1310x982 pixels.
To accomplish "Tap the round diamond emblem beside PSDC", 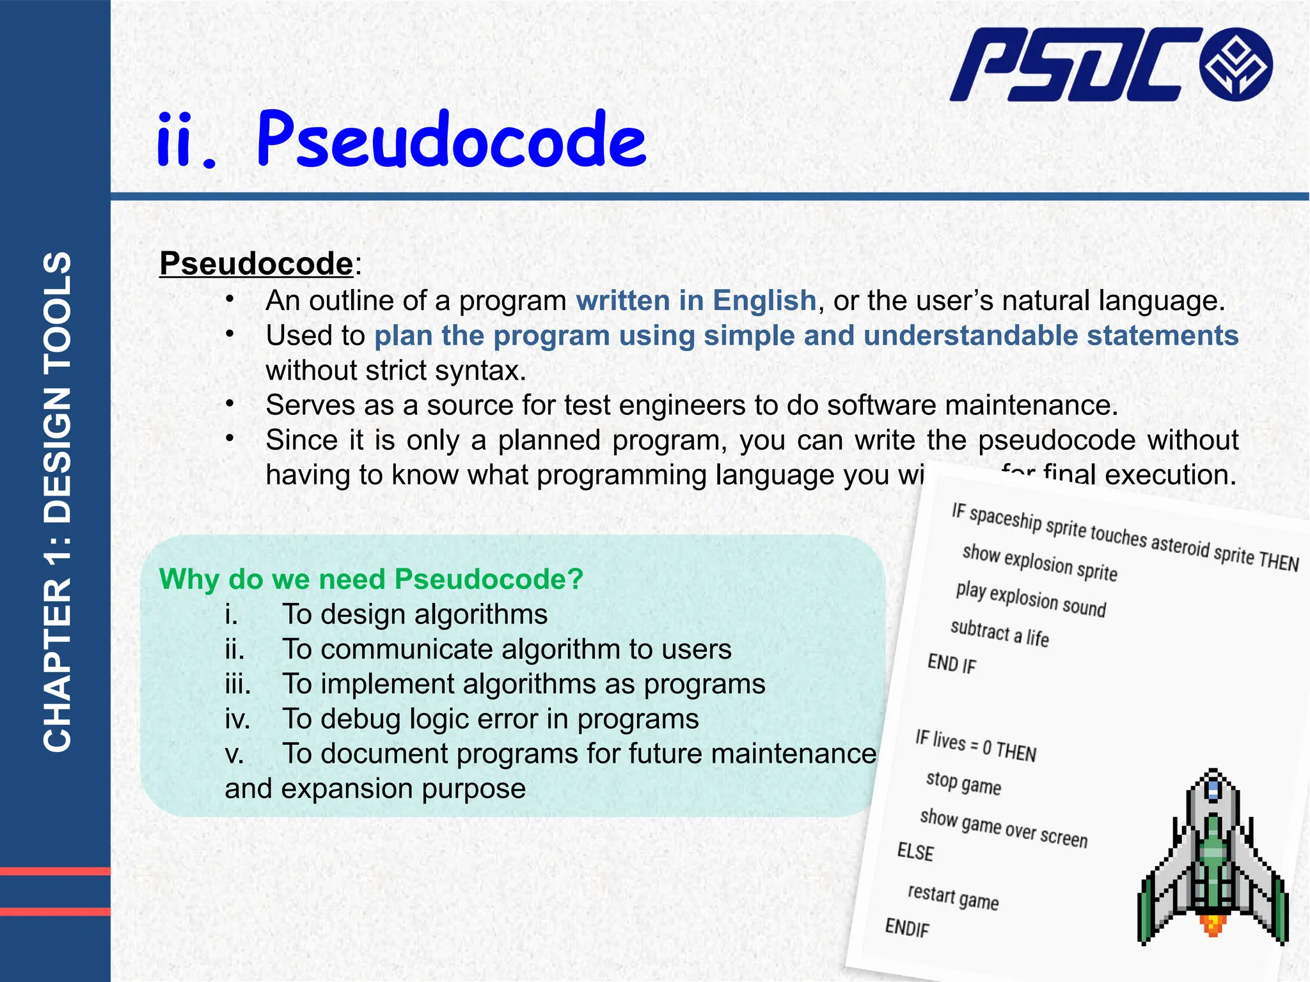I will click(x=1236, y=65).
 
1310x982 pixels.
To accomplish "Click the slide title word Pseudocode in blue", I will click(x=452, y=140).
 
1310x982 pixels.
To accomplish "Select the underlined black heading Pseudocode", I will click(x=256, y=263).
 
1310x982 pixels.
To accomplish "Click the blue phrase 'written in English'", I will click(x=696, y=300).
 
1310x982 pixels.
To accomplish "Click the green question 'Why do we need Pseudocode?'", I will click(x=371, y=579).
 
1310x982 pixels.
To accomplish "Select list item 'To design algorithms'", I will click(x=414, y=614).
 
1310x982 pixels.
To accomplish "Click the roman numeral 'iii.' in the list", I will click(x=238, y=684).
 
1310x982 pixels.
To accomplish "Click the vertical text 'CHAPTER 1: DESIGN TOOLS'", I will click(x=58, y=502).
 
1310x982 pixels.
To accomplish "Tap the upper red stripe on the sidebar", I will click(x=55, y=871).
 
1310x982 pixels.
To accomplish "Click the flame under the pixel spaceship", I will click(x=1213, y=924).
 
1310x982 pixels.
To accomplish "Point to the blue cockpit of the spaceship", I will click(x=1213, y=790).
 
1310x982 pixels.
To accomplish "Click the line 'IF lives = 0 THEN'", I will click(x=975, y=745).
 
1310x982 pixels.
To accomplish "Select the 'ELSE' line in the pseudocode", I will click(x=915, y=852).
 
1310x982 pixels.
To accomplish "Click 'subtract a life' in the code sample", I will click(x=999, y=634).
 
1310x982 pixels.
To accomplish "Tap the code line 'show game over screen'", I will click(x=1003, y=828).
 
